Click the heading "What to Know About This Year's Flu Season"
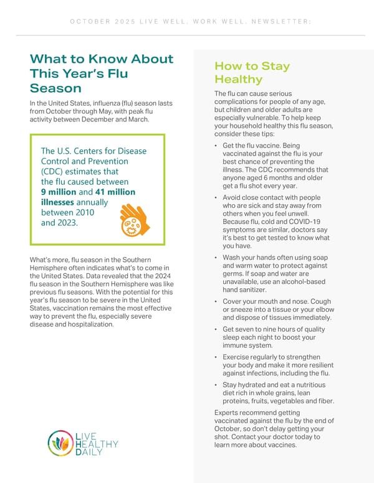[101, 73]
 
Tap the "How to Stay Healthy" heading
[252, 73]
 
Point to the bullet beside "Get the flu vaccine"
[215, 146]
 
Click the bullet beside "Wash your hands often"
[215, 258]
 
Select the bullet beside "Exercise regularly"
[215, 357]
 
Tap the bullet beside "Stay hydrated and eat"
[215, 385]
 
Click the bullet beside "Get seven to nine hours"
[215, 330]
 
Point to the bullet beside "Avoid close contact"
[215, 198]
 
